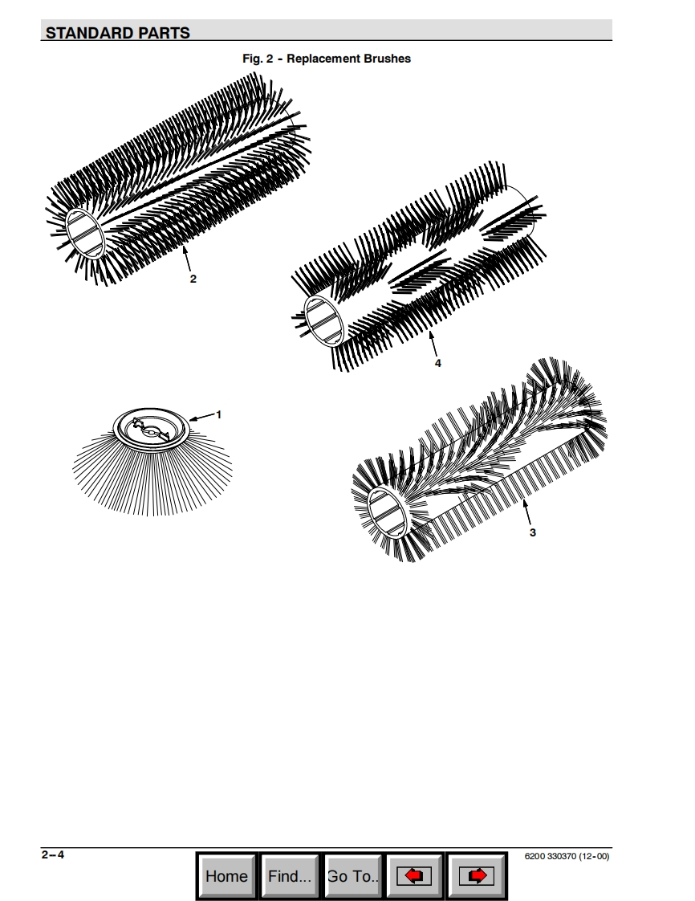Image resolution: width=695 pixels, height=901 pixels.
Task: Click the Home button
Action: point(227,876)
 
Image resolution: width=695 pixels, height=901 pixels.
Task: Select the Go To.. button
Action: point(353,876)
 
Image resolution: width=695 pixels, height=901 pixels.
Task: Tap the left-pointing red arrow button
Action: point(414,876)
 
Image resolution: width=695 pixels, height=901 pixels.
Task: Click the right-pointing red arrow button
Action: point(477,876)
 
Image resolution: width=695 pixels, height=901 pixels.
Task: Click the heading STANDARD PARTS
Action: point(118,33)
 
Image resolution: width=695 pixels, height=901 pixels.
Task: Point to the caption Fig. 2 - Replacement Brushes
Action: point(327,59)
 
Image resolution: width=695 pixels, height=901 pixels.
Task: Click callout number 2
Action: point(193,279)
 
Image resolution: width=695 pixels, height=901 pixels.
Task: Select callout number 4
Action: point(437,363)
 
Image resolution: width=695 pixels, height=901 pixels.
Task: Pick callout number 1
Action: point(218,414)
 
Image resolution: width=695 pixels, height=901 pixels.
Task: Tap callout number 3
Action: point(532,532)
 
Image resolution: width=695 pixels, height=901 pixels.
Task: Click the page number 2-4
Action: point(53,854)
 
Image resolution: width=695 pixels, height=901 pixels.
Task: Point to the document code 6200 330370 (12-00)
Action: point(567,856)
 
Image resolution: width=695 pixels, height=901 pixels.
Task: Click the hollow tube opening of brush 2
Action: point(85,233)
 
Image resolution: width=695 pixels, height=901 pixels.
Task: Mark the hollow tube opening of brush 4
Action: point(324,320)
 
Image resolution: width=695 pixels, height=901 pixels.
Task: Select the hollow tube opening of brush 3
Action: point(389,512)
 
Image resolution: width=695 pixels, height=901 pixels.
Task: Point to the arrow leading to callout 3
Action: point(526,512)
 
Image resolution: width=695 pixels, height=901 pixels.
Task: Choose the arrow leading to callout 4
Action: point(433,344)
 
